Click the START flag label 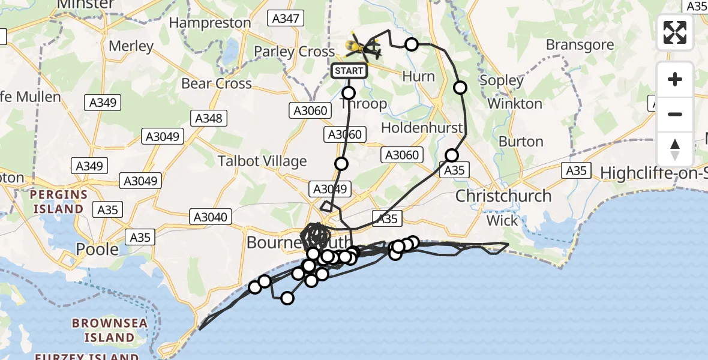pyautogui.click(x=349, y=71)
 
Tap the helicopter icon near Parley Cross pyautogui.click(x=364, y=46)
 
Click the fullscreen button pyautogui.click(x=675, y=32)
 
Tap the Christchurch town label pyautogui.click(x=503, y=196)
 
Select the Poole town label pyautogui.click(x=98, y=248)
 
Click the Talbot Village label pyautogui.click(x=262, y=161)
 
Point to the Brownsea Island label pyautogui.click(x=109, y=329)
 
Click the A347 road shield pyautogui.click(x=285, y=18)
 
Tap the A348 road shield pyautogui.click(x=209, y=118)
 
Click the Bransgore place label pyautogui.click(x=580, y=45)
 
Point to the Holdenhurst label pyautogui.click(x=422, y=128)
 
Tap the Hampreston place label pyautogui.click(x=210, y=23)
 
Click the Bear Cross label pyautogui.click(x=217, y=83)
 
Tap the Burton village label pyautogui.click(x=521, y=142)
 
